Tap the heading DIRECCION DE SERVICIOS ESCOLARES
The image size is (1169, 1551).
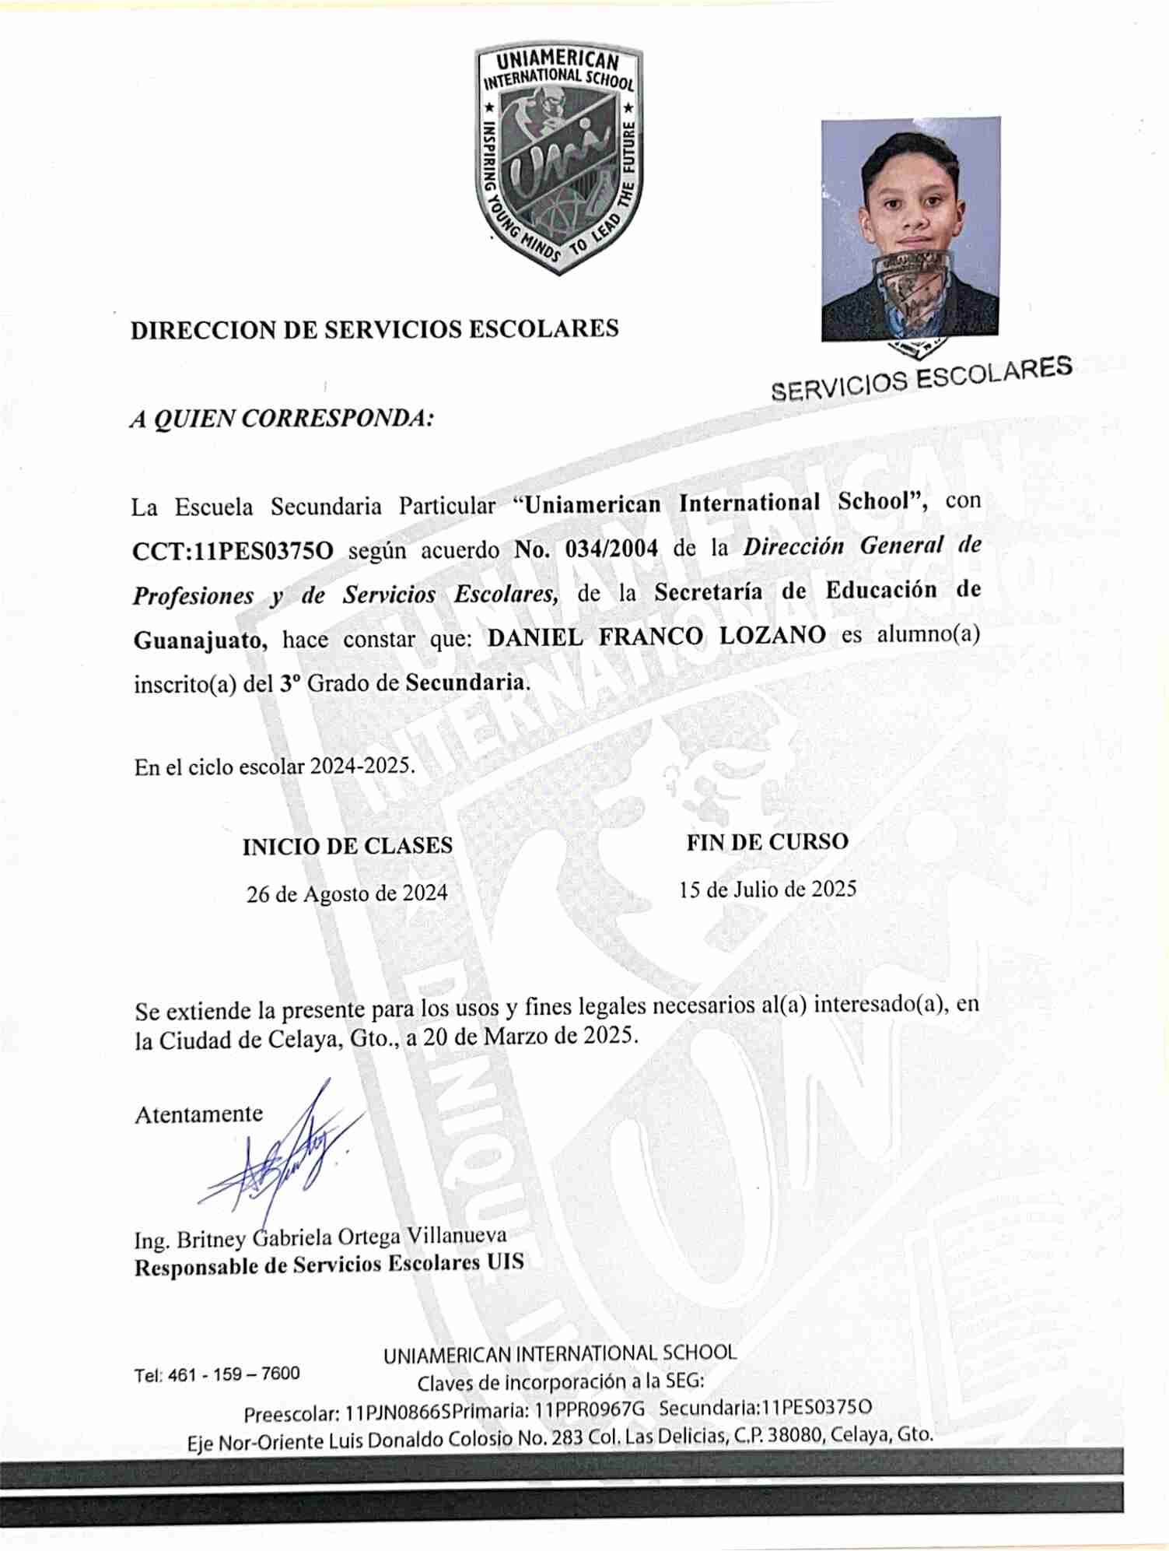coord(374,329)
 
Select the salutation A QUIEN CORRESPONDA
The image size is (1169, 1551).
coord(282,418)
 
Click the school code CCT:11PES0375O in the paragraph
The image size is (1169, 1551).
coord(233,551)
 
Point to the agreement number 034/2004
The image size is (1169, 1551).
coord(611,548)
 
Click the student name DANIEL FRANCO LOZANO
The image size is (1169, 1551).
coord(656,636)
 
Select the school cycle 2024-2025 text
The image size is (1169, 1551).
coord(362,765)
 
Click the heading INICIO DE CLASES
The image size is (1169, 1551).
coord(347,846)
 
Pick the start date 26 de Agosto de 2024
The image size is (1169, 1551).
coord(347,893)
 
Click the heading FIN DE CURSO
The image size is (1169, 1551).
coord(767,841)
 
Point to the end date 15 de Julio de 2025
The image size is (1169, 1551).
coord(768,889)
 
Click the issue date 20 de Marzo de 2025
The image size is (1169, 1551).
coord(530,1036)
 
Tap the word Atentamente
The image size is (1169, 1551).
coord(199,1114)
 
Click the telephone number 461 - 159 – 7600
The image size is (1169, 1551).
coord(233,1374)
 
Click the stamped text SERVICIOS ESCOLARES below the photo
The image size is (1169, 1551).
coord(922,377)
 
